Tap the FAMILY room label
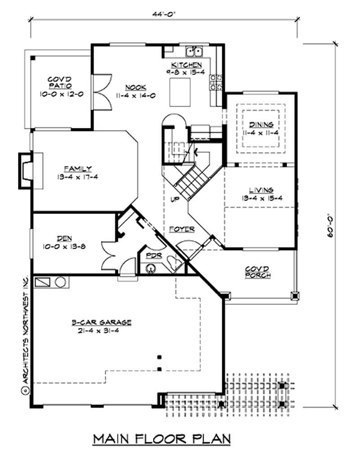(77, 169)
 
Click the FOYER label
(182, 229)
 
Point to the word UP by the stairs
(175, 198)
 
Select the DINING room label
(261, 125)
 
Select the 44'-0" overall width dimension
(163, 14)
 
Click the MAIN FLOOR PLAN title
(162, 438)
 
